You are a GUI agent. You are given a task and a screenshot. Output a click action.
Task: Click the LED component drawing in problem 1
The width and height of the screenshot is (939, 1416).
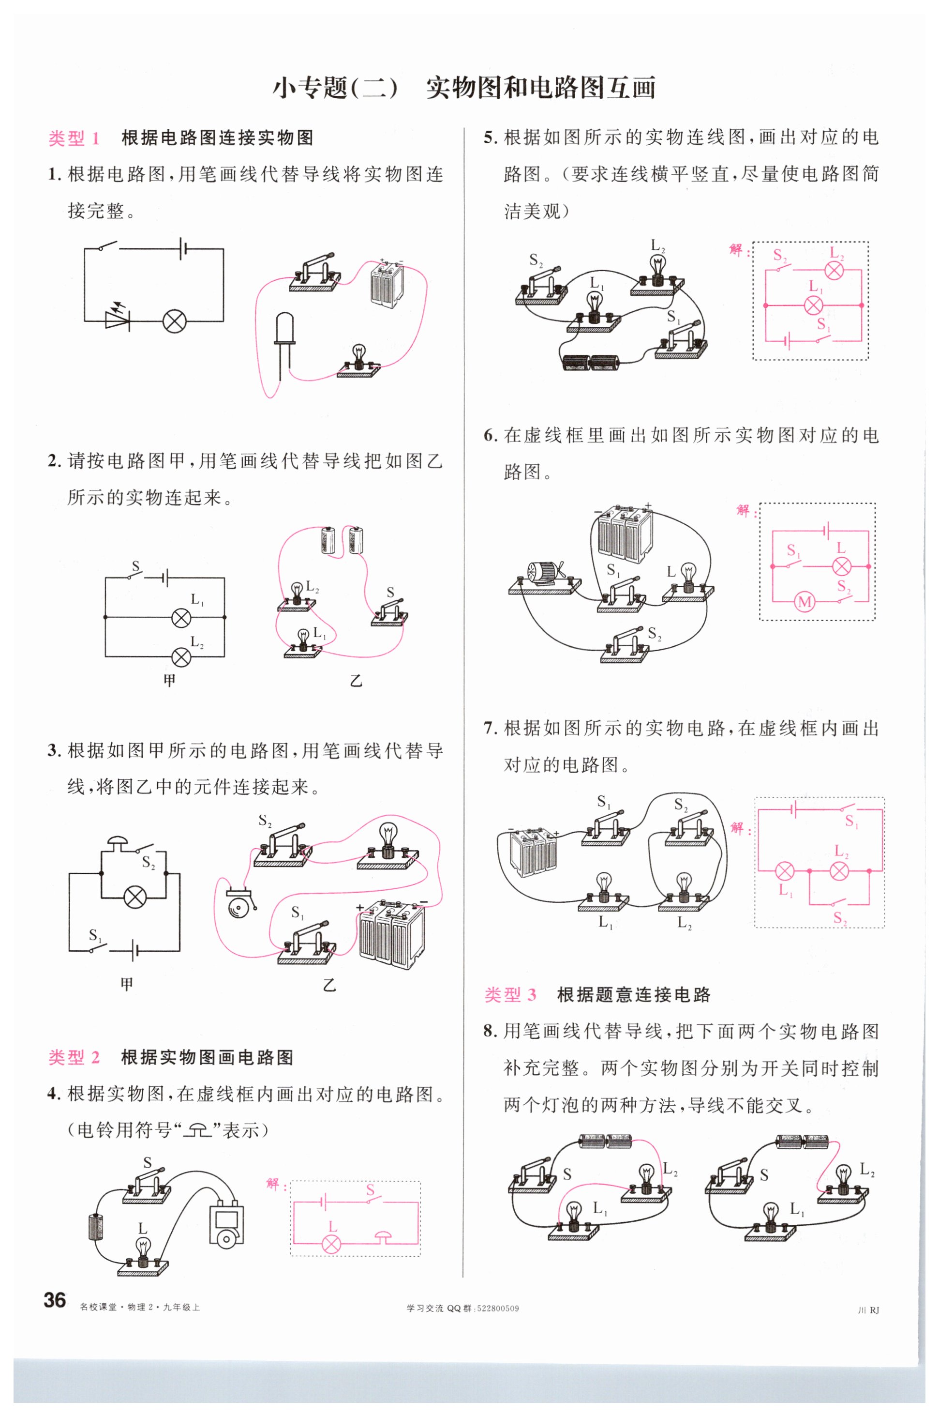[x=284, y=345]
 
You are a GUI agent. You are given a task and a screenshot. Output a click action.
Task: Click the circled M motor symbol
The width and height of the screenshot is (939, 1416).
[x=804, y=601]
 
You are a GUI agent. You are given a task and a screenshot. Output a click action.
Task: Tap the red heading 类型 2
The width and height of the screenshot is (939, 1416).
[x=74, y=1057]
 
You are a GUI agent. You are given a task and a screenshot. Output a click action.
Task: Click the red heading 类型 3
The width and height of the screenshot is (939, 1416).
[x=510, y=994]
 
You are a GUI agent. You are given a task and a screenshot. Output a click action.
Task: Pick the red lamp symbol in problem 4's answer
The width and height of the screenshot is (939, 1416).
[x=332, y=1244]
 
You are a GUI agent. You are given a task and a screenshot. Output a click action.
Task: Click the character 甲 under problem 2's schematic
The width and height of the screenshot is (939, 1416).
[x=169, y=680]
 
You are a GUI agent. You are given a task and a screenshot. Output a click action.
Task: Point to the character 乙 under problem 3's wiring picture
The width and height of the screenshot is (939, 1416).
[x=329, y=984]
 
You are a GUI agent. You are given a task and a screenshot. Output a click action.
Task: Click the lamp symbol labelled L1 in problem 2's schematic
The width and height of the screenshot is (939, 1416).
[x=181, y=617]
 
